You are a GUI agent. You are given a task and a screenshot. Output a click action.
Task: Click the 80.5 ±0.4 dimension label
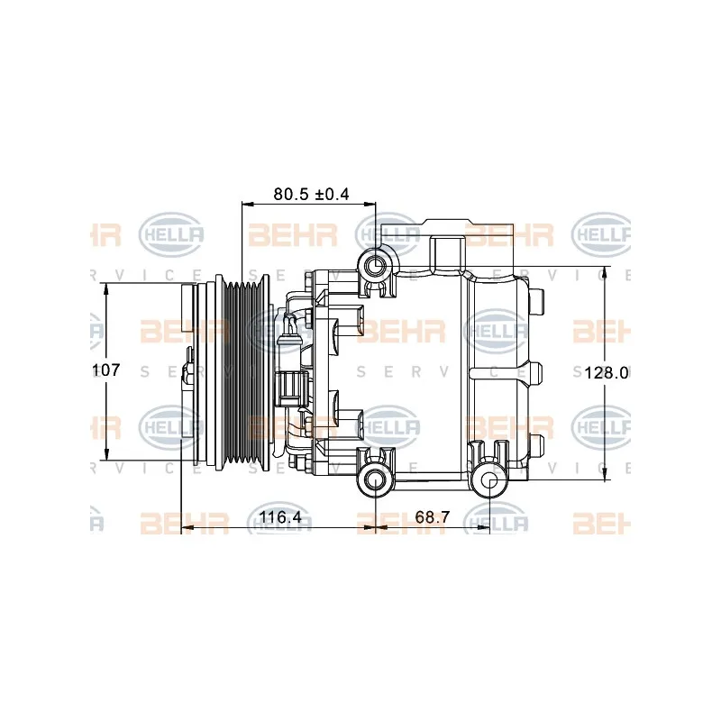click(311, 194)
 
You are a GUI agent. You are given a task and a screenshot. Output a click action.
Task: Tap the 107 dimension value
click(105, 370)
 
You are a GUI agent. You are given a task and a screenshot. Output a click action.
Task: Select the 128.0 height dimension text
click(606, 372)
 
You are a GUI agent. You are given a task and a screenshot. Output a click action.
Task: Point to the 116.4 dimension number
click(280, 517)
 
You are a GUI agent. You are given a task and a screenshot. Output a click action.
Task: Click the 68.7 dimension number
click(432, 517)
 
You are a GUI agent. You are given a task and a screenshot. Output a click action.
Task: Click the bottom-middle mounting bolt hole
click(376, 481)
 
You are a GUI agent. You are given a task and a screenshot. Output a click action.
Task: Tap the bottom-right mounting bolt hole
click(490, 481)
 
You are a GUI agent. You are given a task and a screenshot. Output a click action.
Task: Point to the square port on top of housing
click(448, 252)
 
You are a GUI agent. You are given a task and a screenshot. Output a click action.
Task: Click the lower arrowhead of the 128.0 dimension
click(605, 476)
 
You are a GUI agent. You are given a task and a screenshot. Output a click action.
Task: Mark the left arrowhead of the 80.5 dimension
click(247, 204)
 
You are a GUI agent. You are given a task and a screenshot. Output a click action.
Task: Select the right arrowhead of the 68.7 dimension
click(484, 527)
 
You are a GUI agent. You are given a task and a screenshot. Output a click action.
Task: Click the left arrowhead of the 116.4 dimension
click(187, 527)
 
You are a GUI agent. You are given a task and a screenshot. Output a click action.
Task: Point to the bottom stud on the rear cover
click(536, 443)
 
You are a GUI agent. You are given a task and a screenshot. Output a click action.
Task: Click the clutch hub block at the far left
click(188, 308)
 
